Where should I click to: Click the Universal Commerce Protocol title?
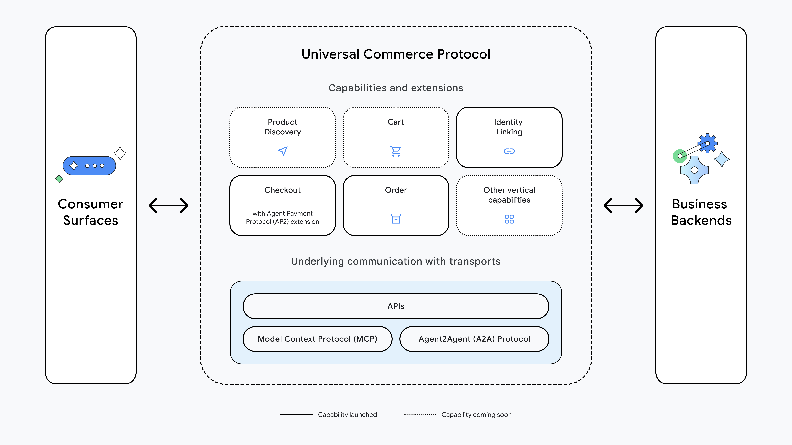point(396,54)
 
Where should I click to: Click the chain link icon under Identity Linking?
point(509,151)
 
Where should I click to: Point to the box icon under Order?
point(396,219)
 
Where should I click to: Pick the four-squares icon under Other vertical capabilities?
point(509,219)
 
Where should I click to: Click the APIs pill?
point(396,306)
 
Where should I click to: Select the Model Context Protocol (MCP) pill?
point(317,339)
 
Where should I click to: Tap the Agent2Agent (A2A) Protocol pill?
point(474,339)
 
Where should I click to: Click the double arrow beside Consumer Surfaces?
point(169,205)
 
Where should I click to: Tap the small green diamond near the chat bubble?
point(59,179)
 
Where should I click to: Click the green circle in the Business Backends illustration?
point(679,156)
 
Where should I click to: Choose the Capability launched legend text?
point(347,415)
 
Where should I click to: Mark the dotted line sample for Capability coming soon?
point(420,414)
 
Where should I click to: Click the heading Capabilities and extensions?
point(396,88)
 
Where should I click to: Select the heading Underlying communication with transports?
point(396,261)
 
